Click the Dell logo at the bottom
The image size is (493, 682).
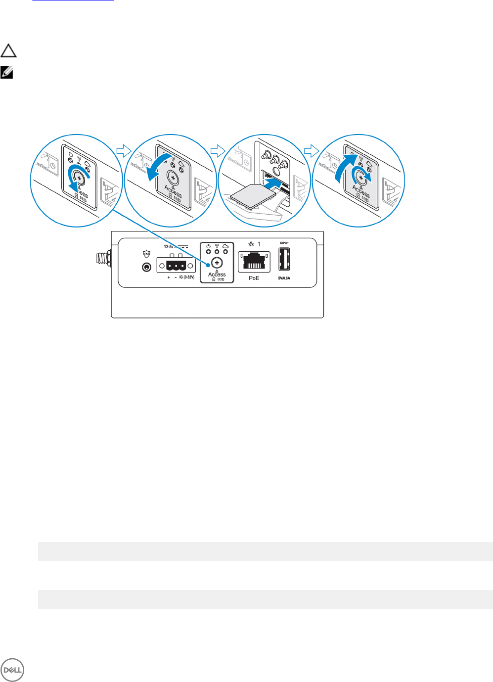[x=12, y=670]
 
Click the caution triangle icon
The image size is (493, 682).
[x=8, y=51]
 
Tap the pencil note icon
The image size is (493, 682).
[x=7, y=73]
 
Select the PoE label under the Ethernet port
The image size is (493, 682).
[x=254, y=278]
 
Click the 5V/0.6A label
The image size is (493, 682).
[x=284, y=278]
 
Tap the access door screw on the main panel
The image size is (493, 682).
[x=217, y=263]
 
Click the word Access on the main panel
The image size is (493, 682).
[x=217, y=274]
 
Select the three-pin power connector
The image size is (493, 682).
[x=176, y=266]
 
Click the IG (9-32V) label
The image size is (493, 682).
[x=186, y=277]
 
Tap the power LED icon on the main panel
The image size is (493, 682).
[x=208, y=246]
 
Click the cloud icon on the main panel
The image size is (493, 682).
[x=225, y=246]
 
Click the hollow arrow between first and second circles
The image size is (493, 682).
[x=124, y=150]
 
